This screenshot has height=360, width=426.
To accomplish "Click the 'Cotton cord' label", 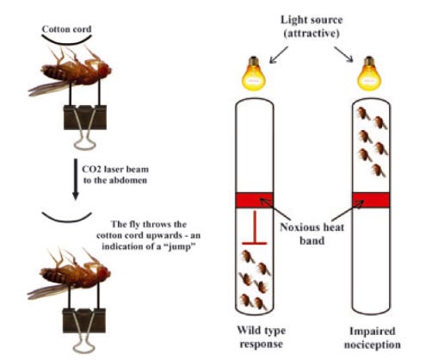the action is coord(66,29).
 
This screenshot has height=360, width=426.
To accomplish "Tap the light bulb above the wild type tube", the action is coord(254,73).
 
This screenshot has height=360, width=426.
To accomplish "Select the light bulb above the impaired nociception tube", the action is coord(369,73).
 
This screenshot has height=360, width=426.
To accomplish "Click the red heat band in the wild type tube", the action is coord(255,200).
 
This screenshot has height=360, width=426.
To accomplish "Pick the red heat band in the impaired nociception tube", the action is coord(371,200).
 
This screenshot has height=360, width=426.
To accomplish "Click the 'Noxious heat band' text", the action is coord(312,233).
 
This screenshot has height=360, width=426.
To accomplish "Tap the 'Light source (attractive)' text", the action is coord(312,27).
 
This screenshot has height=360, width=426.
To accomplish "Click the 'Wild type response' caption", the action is coord(261,337).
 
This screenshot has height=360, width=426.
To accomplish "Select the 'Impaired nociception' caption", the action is coord(372,338).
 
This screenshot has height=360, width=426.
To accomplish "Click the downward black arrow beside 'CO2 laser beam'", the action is coord(76,179).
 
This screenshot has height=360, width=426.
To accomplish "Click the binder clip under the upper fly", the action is coord(85,127).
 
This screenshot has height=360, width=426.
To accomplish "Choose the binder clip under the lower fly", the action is coord(84,330).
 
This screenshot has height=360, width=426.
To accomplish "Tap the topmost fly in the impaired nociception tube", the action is coord(362,114).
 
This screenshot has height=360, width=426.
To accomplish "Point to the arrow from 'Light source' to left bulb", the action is coord(279,55).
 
